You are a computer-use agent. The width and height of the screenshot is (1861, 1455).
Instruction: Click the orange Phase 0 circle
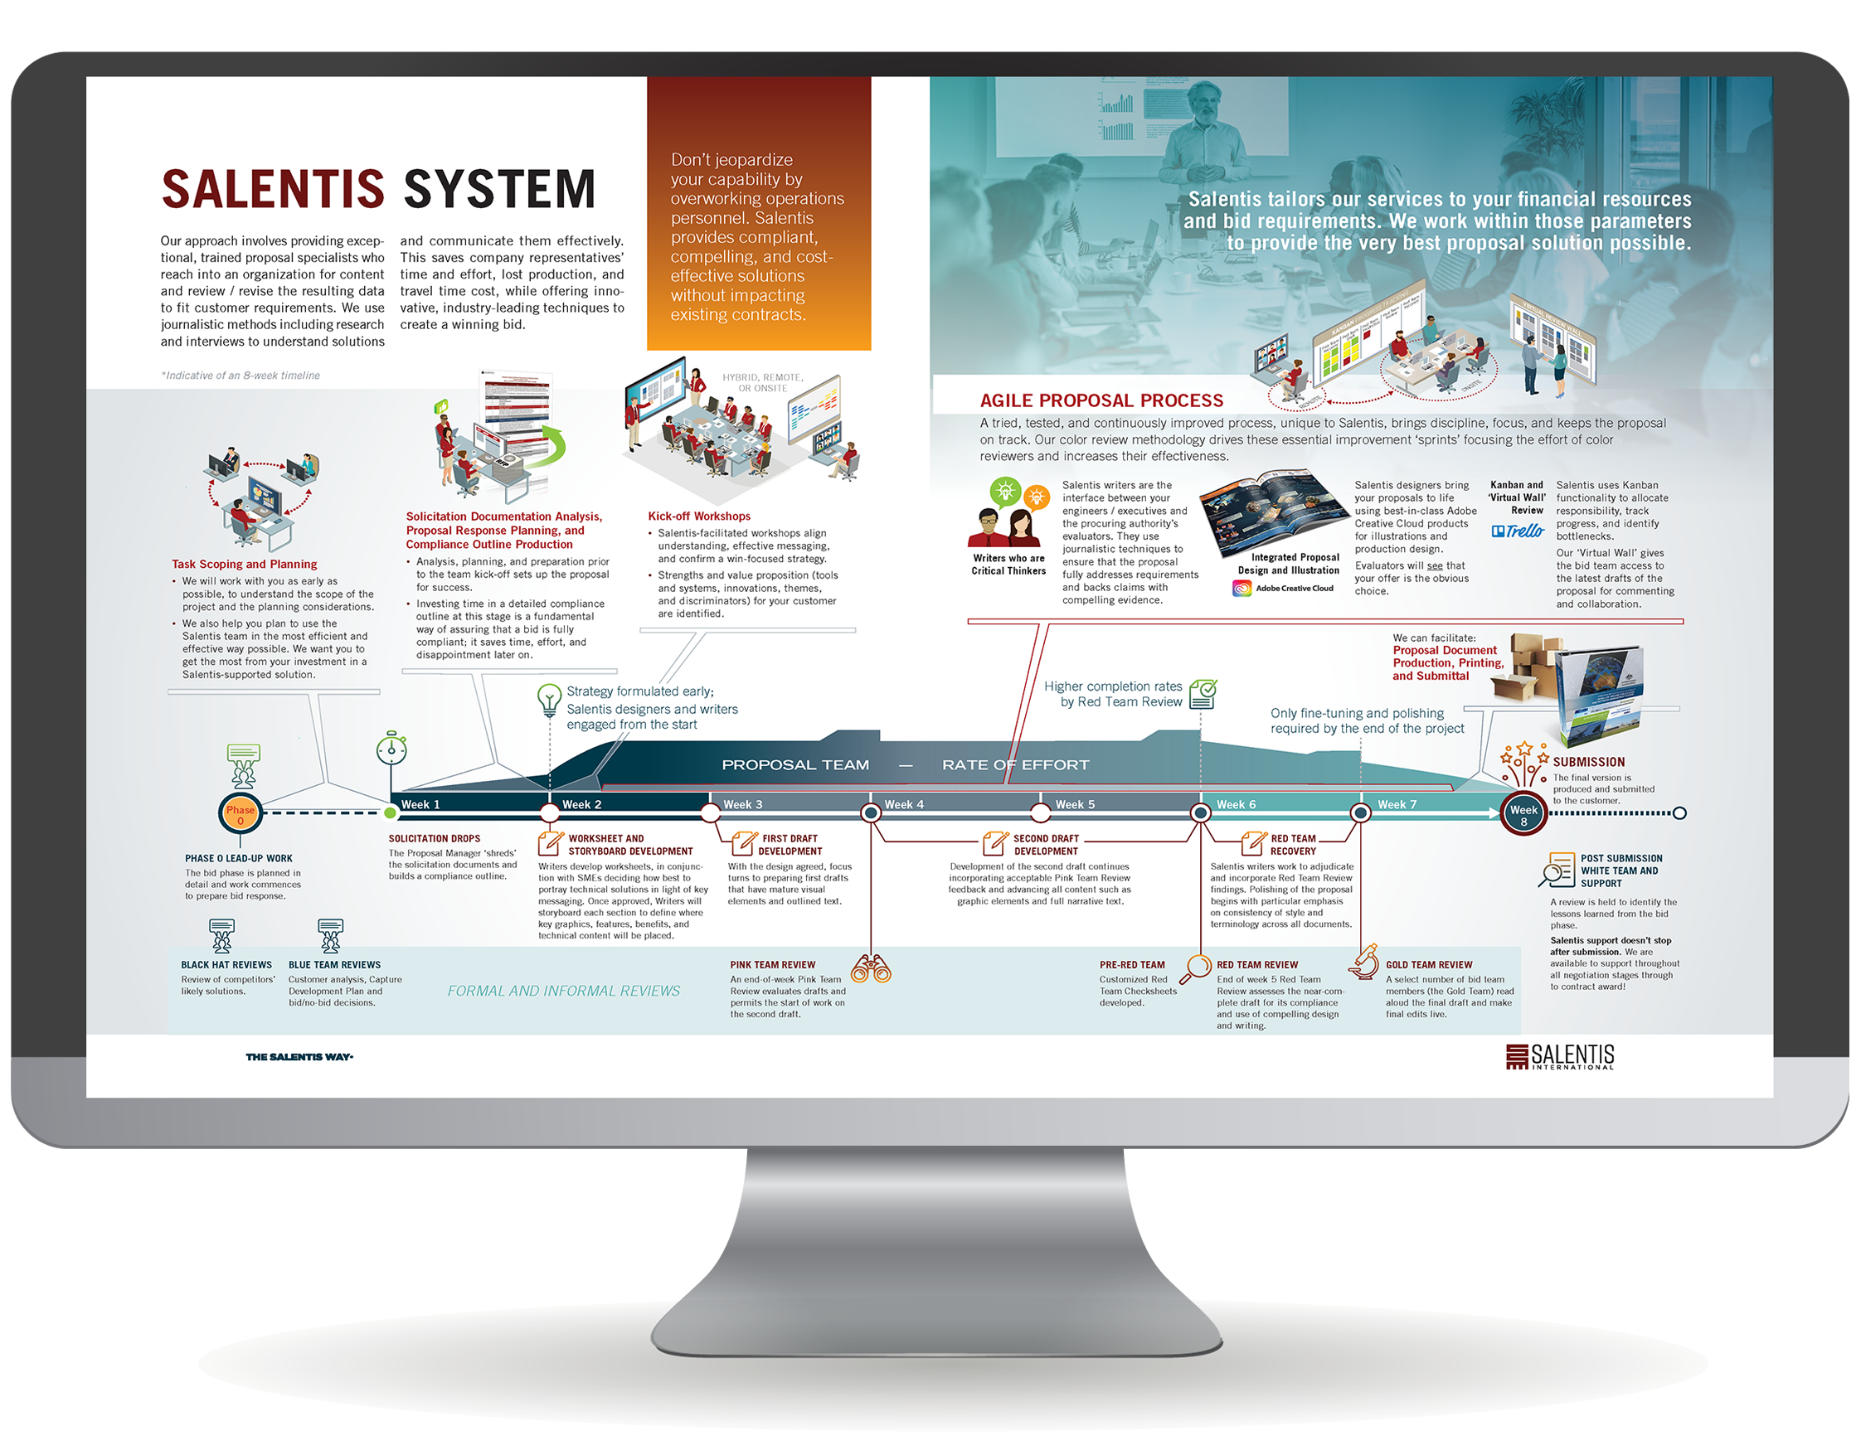[241, 814]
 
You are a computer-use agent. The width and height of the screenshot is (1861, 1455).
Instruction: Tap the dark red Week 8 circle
[1523, 814]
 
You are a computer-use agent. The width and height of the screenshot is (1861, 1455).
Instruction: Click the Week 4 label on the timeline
[903, 804]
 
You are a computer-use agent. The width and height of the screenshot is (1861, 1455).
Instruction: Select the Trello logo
[1518, 531]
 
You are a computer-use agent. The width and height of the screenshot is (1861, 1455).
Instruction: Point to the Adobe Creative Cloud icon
[1241, 588]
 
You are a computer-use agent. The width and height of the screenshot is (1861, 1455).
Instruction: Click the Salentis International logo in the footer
[1559, 1056]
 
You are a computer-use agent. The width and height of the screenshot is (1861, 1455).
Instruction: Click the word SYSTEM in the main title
[499, 189]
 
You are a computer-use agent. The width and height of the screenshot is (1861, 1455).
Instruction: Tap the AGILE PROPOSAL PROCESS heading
[1101, 400]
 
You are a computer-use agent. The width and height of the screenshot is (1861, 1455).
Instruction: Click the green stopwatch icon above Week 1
[391, 748]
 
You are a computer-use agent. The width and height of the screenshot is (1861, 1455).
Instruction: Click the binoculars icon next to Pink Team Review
[871, 968]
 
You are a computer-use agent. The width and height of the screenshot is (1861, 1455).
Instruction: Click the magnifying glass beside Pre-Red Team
[1199, 966]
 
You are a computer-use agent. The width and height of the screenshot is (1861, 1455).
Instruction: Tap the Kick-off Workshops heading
[699, 517]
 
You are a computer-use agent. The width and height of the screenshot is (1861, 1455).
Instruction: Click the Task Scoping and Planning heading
[244, 564]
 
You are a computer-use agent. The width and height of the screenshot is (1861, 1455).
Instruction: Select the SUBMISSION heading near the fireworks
[1588, 762]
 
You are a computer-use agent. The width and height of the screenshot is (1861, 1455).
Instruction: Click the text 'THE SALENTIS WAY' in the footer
[299, 1057]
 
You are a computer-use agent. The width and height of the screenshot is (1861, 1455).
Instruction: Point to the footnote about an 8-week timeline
[241, 375]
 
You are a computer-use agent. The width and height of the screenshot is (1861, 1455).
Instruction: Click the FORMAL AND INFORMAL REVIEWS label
[563, 991]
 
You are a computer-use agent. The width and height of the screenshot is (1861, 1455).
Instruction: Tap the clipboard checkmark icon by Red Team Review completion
[1203, 693]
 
